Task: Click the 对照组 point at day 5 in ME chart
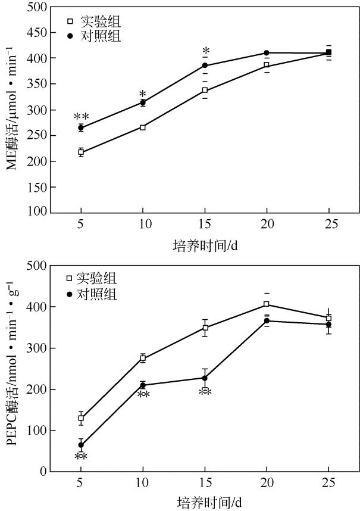[x=81, y=127]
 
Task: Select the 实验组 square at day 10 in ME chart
[x=143, y=127]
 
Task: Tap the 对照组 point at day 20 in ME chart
[x=267, y=53]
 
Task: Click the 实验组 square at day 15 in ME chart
[x=205, y=91]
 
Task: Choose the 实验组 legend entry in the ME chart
[x=95, y=22]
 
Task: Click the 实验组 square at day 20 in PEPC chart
[x=267, y=304]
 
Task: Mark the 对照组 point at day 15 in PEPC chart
[x=205, y=378]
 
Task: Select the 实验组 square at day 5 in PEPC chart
[x=81, y=418]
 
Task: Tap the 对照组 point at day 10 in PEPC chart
[x=143, y=385]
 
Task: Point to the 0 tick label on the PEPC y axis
[x=42, y=472]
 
